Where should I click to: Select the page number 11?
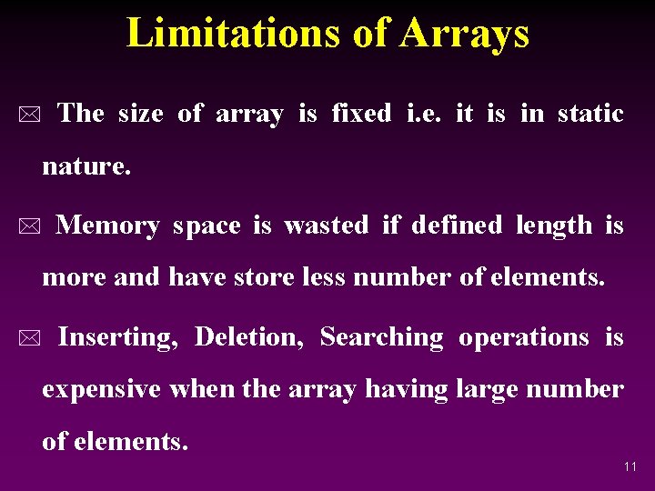(x=630, y=466)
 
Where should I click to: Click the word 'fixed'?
(x=361, y=114)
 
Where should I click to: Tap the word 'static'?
(x=590, y=114)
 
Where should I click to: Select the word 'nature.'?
(x=86, y=167)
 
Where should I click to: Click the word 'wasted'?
(x=327, y=225)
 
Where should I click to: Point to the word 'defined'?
(x=457, y=225)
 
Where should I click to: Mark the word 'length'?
(x=553, y=225)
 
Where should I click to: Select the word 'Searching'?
(x=381, y=338)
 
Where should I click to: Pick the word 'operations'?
(x=524, y=338)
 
